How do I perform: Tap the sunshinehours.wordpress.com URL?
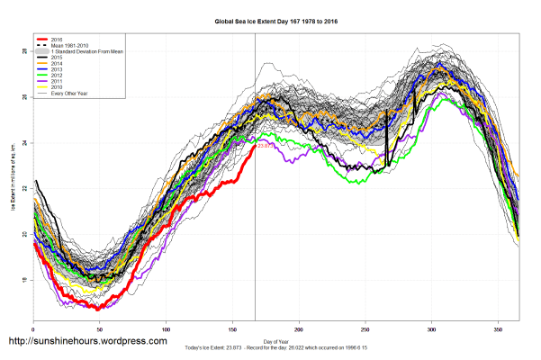tap(87, 341)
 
